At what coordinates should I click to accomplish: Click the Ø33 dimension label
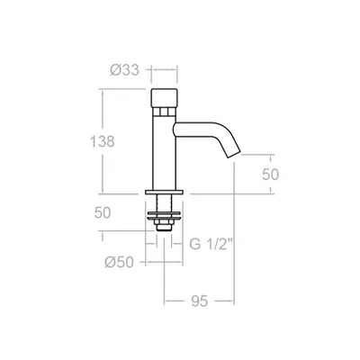coord(125,70)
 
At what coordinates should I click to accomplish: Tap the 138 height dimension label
coord(103,141)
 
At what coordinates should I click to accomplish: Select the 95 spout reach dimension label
coord(199,301)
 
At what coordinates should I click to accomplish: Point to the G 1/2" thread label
coord(211,244)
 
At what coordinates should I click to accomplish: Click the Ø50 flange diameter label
coord(119,263)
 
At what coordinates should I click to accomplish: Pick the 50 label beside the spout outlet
coord(271,175)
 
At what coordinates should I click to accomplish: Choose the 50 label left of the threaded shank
coord(103,212)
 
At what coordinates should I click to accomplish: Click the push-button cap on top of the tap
coord(164,98)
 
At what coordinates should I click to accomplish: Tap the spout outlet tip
coord(234,154)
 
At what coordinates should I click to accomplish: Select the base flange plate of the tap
coord(164,192)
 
